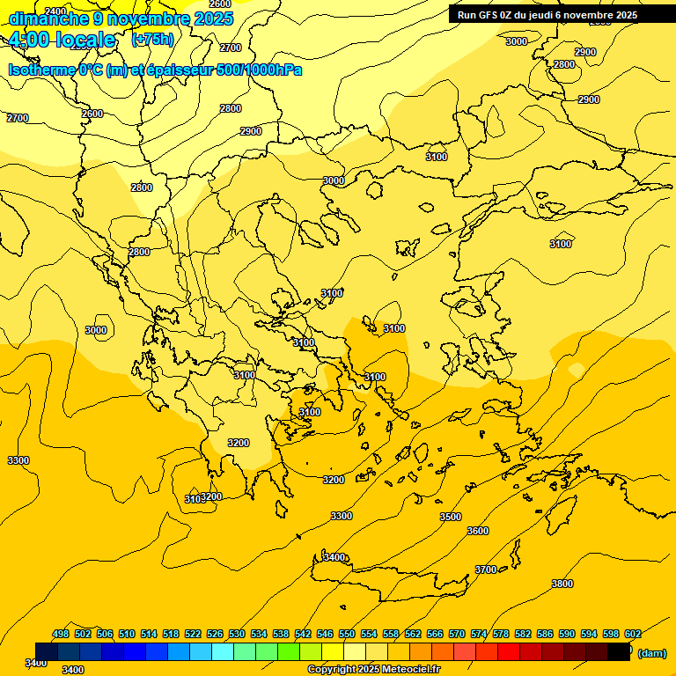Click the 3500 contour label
click(450, 517)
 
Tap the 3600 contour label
click(477, 531)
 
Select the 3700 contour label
click(486, 569)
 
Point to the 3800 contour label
click(562, 584)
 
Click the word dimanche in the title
click(44, 18)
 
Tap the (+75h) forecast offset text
click(152, 40)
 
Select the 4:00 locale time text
click(62, 40)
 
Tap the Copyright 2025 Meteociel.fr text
click(373, 670)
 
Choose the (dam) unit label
click(651, 653)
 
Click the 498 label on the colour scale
click(61, 634)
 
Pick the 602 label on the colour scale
click(632, 634)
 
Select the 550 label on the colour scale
click(347, 634)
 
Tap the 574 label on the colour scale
click(479, 634)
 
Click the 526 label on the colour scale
click(215, 634)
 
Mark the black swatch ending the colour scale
click(619, 652)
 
